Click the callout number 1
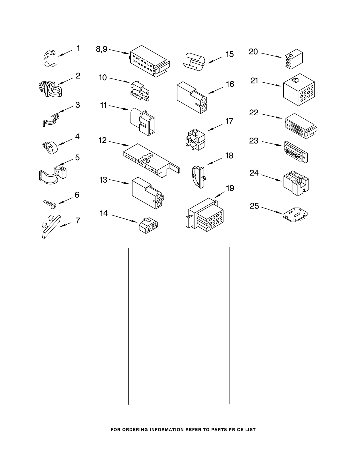(x=78, y=48)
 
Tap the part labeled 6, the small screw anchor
(x=50, y=204)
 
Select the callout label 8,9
(x=102, y=49)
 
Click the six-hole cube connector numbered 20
(x=294, y=59)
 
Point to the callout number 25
(x=254, y=206)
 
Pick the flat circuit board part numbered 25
(x=295, y=215)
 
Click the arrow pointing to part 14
(x=124, y=218)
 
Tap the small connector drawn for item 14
(x=148, y=226)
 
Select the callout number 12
(x=103, y=140)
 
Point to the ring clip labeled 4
(x=50, y=148)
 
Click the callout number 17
(x=229, y=121)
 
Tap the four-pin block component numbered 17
(x=195, y=139)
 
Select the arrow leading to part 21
(x=271, y=84)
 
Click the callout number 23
(x=254, y=141)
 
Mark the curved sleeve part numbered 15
(x=194, y=62)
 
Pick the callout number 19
(x=230, y=188)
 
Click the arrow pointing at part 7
(x=65, y=225)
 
